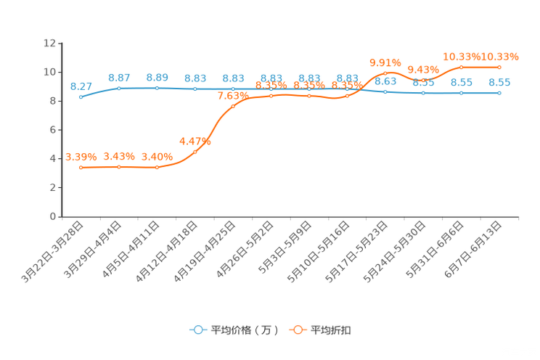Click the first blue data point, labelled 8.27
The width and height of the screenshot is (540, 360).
click(x=81, y=97)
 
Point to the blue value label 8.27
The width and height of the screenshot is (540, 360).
click(x=81, y=86)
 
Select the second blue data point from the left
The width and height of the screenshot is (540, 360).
click(x=119, y=87)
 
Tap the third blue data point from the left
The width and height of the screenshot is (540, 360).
click(x=157, y=87)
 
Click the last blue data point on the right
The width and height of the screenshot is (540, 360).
click(x=499, y=93)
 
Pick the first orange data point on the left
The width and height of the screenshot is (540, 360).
click(x=81, y=167)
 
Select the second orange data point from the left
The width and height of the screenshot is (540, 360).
click(x=119, y=166)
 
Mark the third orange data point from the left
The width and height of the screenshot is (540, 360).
click(x=157, y=167)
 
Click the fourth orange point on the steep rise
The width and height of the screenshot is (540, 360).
click(x=195, y=152)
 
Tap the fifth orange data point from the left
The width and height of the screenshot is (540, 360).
click(x=233, y=106)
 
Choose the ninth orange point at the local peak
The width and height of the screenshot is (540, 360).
click(x=385, y=73)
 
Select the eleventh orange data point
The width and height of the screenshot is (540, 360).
click(x=461, y=67)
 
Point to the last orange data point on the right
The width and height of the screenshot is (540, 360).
click(x=499, y=67)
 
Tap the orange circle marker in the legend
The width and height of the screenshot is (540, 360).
click(x=298, y=330)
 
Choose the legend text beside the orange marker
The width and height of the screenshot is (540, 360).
click(x=331, y=330)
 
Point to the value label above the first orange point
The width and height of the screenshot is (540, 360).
click(x=81, y=156)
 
